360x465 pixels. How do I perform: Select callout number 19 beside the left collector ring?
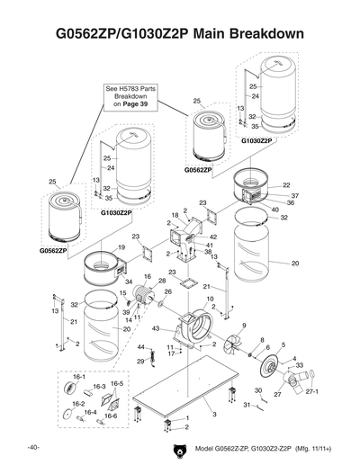(x=121, y=246)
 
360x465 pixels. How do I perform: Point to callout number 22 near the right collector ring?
(x=286, y=185)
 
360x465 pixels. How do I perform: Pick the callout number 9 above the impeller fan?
(x=243, y=324)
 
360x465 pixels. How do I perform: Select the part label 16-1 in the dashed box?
(x=78, y=378)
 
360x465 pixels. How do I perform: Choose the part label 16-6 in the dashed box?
(x=112, y=416)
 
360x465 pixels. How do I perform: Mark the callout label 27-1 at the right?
(x=312, y=392)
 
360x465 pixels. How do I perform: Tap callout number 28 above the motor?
(x=162, y=282)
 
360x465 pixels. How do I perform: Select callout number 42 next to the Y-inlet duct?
(x=213, y=237)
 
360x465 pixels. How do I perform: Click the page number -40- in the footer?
(x=32, y=447)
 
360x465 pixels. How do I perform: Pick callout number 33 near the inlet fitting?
(x=299, y=365)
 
